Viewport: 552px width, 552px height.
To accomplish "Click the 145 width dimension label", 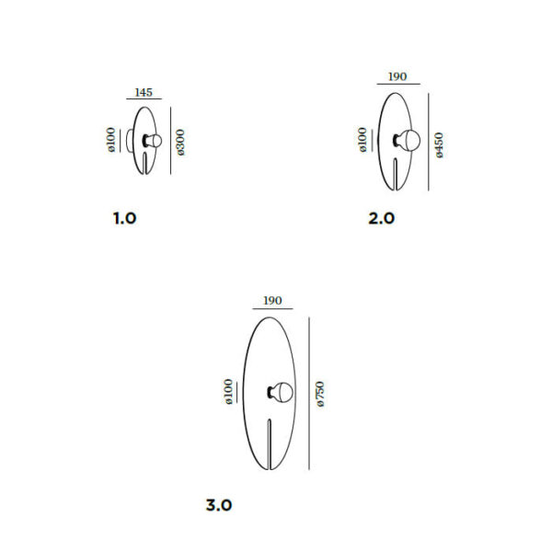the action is pyautogui.click(x=144, y=92).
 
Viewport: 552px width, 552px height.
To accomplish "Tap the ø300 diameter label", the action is pyautogui.click(x=180, y=143).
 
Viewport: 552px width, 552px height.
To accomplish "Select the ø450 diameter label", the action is pyautogui.click(x=439, y=145).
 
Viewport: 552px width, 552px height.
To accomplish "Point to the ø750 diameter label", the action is pyautogui.click(x=320, y=394).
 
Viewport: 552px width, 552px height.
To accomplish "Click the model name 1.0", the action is pyautogui.click(x=124, y=218).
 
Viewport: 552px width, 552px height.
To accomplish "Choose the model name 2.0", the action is pyautogui.click(x=381, y=218).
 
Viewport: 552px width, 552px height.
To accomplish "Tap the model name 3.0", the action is pyautogui.click(x=219, y=505).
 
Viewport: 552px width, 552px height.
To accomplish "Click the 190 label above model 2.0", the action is pyautogui.click(x=397, y=76).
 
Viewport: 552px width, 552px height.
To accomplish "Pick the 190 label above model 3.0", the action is pyautogui.click(x=272, y=301).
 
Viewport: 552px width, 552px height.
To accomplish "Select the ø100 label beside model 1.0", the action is pyautogui.click(x=111, y=140).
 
